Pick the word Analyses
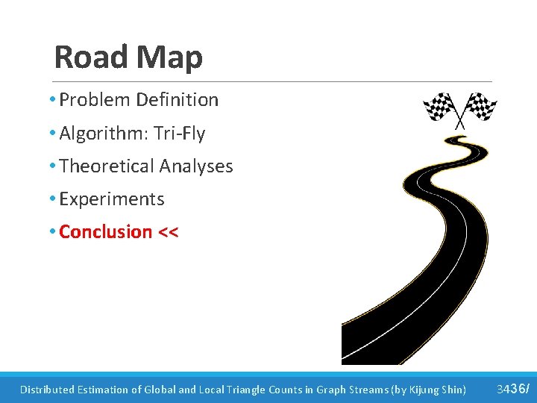click(198, 166)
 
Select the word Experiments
click(111, 199)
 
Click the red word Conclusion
click(105, 232)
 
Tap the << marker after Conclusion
click(168, 232)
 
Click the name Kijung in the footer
click(422, 390)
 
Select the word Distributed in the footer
click(46, 390)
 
